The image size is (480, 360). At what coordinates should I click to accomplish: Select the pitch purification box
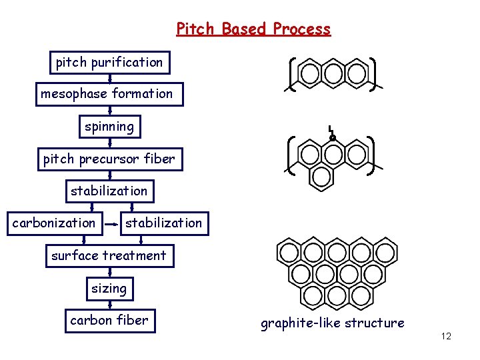[109, 63]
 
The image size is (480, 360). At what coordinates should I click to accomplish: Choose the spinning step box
[109, 126]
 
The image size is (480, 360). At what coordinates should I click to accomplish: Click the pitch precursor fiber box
[109, 159]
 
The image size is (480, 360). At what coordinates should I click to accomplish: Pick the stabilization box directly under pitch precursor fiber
[109, 191]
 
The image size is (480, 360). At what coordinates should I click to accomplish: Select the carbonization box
[54, 223]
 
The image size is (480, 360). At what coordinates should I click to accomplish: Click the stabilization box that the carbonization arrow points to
[164, 223]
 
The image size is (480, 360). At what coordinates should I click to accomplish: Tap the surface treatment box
[109, 255]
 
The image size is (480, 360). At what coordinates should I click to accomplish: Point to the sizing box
[109, 289]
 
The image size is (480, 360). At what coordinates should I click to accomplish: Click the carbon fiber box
[109, 321]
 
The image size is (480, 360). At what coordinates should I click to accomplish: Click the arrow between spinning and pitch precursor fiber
[109, 143]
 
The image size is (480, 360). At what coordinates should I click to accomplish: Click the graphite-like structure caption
[332, 323]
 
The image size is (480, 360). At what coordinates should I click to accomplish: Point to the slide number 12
[446, 336]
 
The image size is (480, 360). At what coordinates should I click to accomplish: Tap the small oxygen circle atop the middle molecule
[333, 139]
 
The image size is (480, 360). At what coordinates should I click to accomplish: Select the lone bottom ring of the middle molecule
[323, 175]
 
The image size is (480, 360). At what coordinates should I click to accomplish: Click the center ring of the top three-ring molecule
[333, 72]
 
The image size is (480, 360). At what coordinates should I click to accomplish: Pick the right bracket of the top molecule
[371, 72]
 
